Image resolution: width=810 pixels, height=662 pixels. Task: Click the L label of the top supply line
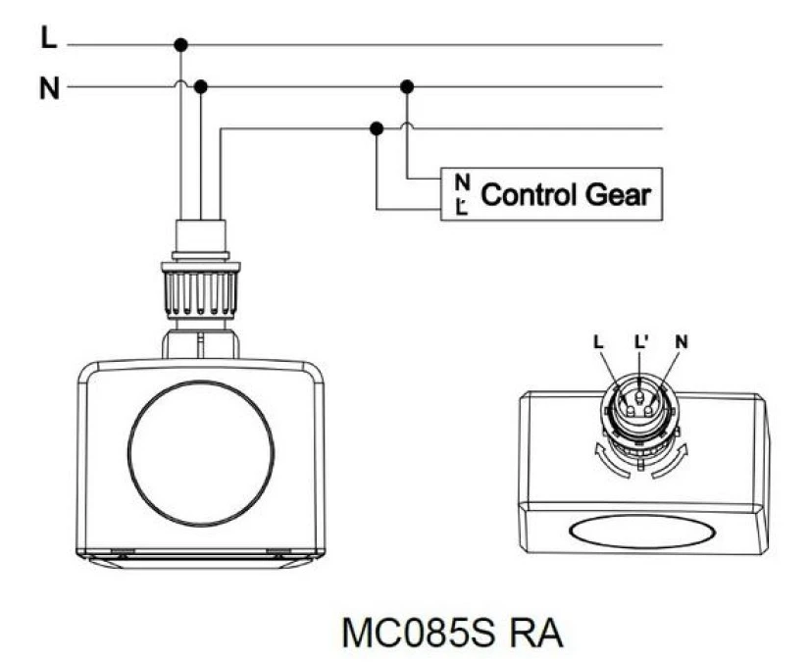pos(49,37)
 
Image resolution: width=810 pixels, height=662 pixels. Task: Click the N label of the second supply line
pos(50,88)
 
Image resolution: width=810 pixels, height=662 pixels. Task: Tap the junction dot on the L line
pos(180,45)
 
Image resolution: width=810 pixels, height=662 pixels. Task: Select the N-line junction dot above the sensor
pos(201,87)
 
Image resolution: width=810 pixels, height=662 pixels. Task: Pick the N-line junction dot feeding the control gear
pos(407,87)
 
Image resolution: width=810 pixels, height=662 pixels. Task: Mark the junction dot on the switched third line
pos(377,128)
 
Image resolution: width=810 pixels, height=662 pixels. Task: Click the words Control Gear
pos(566,195)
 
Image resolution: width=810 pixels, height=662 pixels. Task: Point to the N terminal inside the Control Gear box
pos(462,181)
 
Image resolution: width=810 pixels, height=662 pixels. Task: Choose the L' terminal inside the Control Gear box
pos(462,207)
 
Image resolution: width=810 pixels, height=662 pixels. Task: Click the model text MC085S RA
pos(452,633)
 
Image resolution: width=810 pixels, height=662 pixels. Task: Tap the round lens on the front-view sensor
pos(201,453)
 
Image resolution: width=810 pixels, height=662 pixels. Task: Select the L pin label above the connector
pos(598,341)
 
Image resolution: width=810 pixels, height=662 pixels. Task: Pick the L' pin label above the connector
pos(640,341)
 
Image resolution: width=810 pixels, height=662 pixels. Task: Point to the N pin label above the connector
pos(682,341)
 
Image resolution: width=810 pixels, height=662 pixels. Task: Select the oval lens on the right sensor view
pos(642,532)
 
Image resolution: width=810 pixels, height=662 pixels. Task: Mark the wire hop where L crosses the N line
pos(180,82)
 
